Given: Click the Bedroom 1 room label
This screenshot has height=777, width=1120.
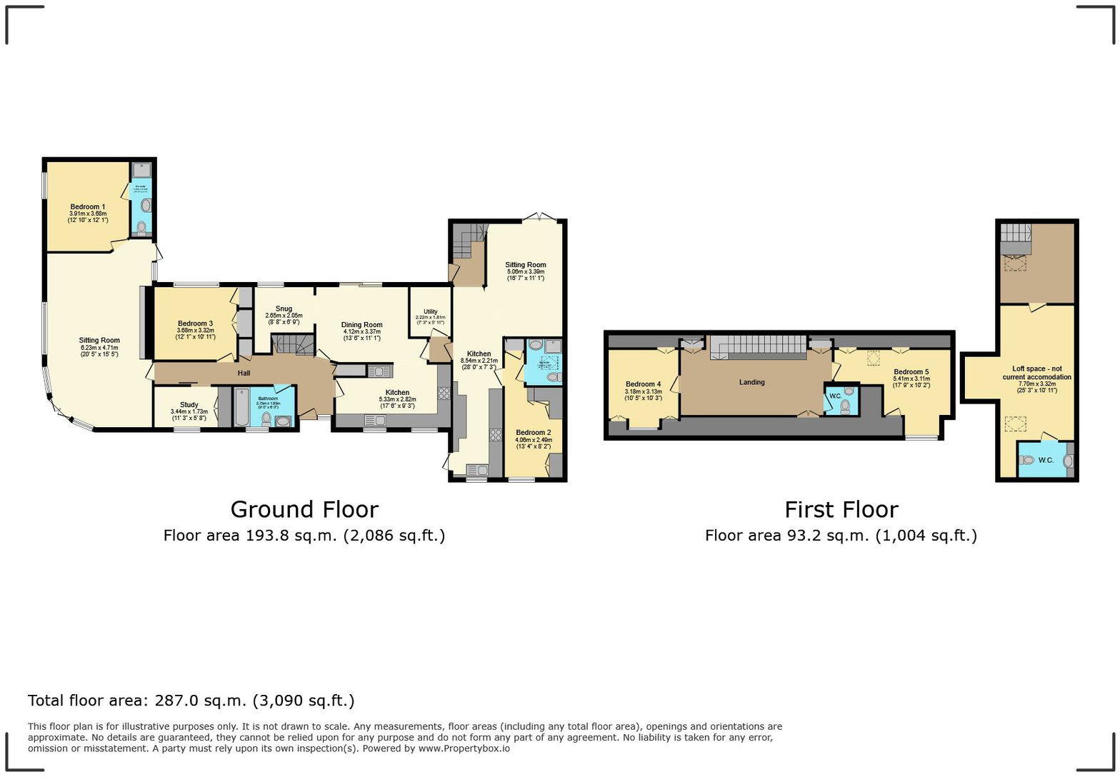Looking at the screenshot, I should (87, 207).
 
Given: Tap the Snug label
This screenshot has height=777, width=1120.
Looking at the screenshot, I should (284, 309).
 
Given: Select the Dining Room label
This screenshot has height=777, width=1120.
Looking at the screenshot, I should (362, 325).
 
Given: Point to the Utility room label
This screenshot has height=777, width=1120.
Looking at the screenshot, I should (430, 311).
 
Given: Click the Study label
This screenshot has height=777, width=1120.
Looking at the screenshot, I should (189, 405).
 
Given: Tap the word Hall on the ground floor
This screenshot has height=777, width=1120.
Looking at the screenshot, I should (244, 373).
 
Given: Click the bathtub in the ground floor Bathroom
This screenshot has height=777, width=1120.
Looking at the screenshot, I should (241, 407).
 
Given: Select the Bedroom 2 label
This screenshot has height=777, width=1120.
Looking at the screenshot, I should (533, 433).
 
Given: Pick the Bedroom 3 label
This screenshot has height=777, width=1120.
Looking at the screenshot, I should (195, 324).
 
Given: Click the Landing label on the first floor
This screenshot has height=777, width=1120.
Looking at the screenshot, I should (751, 382).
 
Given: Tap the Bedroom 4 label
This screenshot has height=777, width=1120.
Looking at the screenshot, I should (643, 384).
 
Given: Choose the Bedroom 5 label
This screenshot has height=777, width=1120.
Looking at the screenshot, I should (911, 372).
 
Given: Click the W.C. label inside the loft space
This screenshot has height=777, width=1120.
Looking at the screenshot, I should (1046, 460).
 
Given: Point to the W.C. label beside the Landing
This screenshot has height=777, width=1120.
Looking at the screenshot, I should (835, 396).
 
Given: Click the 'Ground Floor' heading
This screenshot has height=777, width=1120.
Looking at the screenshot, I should (304, 509).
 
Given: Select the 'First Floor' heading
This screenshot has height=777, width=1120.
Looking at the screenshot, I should (841, 509).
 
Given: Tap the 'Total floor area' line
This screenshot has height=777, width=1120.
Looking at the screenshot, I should (191, 701).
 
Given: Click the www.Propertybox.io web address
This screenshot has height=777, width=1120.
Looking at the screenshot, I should (464, 748).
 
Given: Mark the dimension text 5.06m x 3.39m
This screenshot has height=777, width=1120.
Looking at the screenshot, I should (525, 272).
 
